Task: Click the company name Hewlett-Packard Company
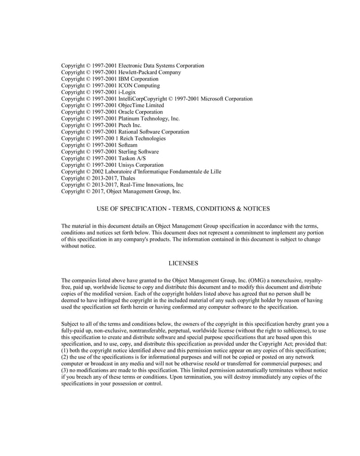coord(150,72)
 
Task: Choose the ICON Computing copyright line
coord(111,86)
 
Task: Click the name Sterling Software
coord(138,152)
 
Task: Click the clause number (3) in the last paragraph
coord(65,370)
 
